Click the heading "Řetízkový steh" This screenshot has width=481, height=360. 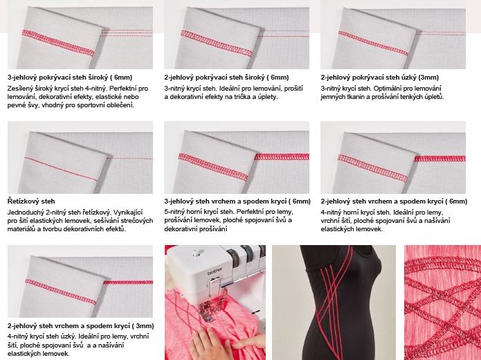tap(31, 201)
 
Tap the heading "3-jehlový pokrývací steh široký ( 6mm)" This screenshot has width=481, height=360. tap(70, 78)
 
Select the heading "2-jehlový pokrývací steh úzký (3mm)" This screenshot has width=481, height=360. tap(380, 78)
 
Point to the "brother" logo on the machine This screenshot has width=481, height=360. tap(215, 271)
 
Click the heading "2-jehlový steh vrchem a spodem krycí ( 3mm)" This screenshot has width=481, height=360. tap(81, 325)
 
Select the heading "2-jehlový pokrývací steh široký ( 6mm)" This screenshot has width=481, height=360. tap(226, 78)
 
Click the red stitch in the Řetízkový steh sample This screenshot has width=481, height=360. tap(61, 168)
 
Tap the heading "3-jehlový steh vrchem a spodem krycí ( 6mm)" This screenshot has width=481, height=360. tap(237, 201)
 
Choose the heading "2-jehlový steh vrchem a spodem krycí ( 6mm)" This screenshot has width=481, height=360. tap(394, 201)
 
